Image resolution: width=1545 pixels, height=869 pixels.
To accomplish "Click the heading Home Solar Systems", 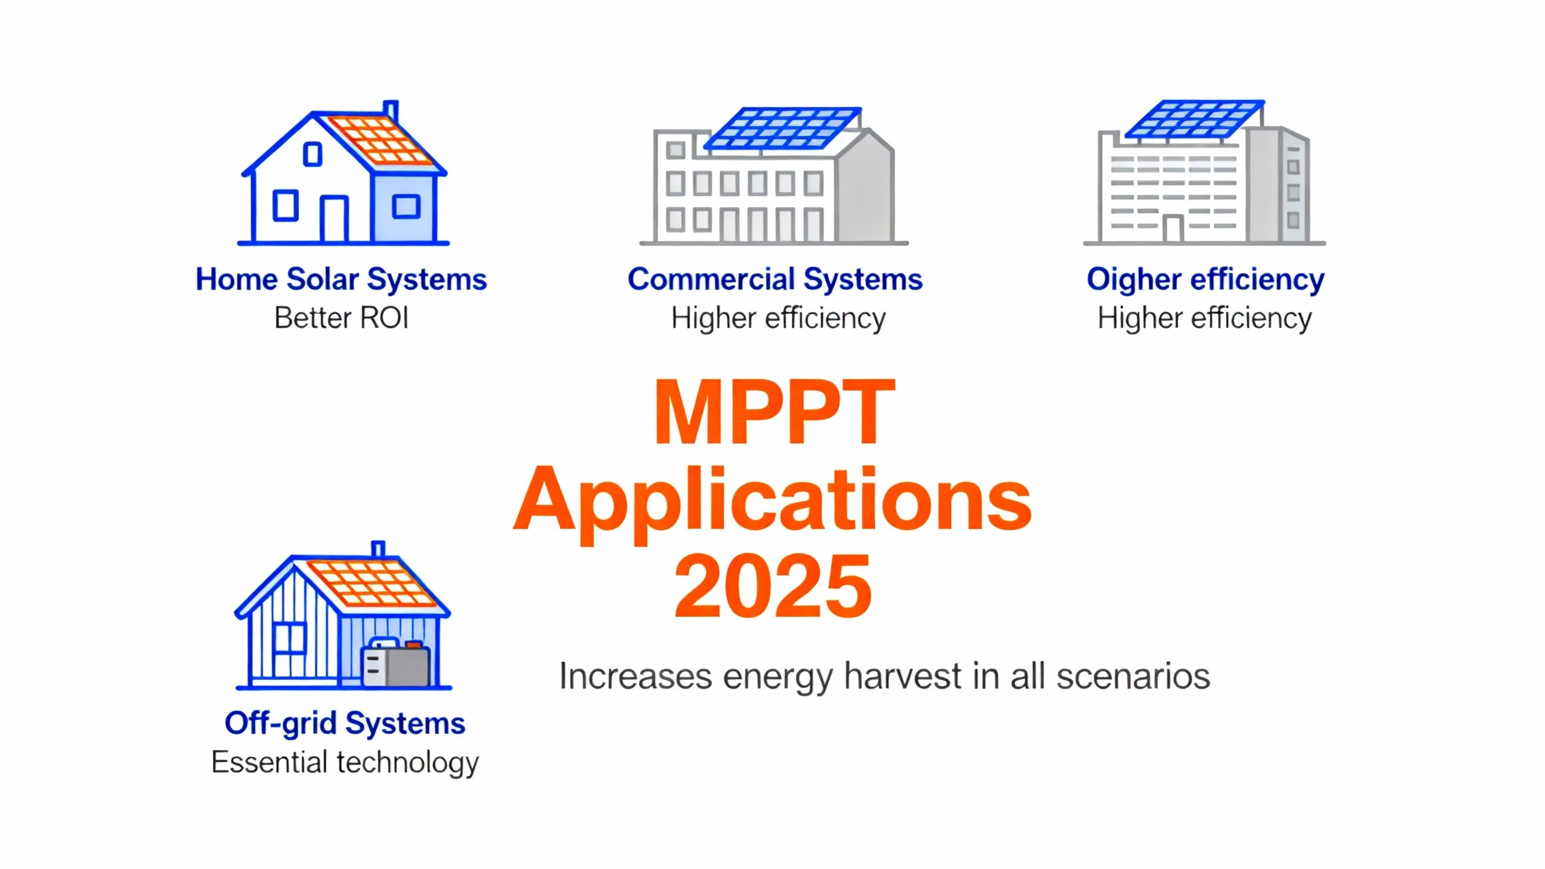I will point(341,279).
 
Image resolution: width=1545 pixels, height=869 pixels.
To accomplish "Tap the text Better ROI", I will point(341,318).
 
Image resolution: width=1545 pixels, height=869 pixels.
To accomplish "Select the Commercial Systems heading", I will point(775,279).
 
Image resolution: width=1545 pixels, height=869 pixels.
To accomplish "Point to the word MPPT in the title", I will point(774,413).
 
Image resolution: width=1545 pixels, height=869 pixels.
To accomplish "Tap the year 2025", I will point(772,587).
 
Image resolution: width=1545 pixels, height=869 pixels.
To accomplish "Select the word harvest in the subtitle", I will point(902,676).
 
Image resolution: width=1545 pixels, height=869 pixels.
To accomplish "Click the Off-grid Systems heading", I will point(345,724).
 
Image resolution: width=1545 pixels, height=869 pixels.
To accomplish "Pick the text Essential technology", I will point(345,762).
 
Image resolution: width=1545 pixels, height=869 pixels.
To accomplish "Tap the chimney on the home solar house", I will point(391,110).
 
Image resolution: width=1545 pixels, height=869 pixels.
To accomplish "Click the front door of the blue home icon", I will point(334,218).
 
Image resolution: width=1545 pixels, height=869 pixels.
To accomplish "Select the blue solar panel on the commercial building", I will point(782,129).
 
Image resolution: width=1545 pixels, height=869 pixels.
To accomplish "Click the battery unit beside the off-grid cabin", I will point(396,665).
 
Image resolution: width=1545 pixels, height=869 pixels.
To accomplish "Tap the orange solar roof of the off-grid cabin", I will point(371,583).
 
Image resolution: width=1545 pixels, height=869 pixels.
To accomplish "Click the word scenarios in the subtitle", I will point(1133,676).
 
